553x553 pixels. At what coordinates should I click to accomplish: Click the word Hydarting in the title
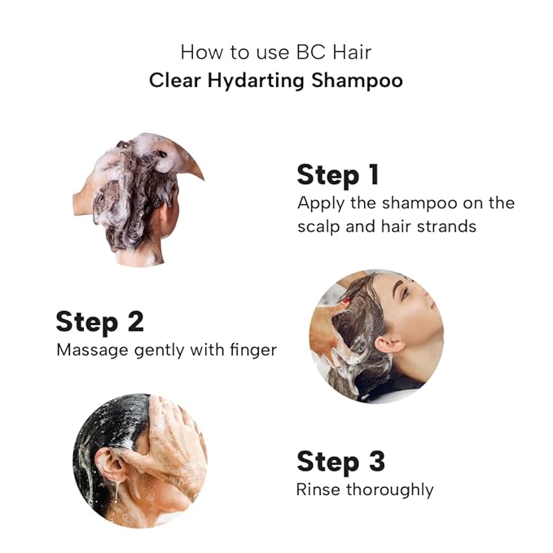tap(256, 81)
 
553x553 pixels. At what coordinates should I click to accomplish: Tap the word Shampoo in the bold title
tap(357, 80)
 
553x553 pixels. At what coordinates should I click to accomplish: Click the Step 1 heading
tap(338, 174)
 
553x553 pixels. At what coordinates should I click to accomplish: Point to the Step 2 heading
tap(100, 322)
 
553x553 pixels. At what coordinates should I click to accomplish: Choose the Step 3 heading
tap(340, 461)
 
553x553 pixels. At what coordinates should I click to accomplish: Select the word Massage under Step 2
tap(92, 350)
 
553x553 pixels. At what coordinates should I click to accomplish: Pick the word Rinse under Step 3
tap(318, 489)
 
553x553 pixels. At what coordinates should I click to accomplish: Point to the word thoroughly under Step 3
tap(390, 489)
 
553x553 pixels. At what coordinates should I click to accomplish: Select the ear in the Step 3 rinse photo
tap(110, 465)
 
